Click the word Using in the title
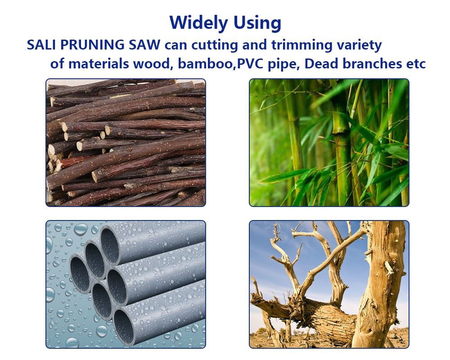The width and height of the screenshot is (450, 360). (257, 23)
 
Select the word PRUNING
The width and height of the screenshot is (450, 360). (92, 45)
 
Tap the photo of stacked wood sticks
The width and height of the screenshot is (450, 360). (126, 142)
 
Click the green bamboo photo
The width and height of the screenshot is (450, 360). (329, 142)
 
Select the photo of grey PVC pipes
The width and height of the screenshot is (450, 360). (126, 284)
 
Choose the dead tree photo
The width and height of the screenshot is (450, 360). (329, 284)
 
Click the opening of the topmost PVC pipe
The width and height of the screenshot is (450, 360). (109, 245)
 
